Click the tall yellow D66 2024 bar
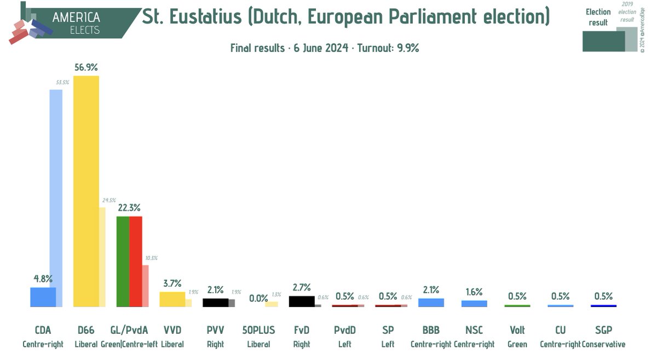pyautogui.click(x=86, y=191)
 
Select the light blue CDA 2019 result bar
pyautogui.click(x=56, y=186)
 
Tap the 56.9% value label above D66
pyautogui.click(x=86, y=67)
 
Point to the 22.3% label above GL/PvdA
pyautogui.click(x=129, y=208)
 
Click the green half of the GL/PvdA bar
pyautogui.click(x=123, y=261)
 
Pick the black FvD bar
pyautogui.click(x=301, y=301)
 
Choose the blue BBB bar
pyautogui.click(x=431, y=303)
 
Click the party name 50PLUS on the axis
pyautogui.click(x=258, y=330)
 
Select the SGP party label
pyautogui.click(x=603, y=330)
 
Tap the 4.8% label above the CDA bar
pyautogui.click(x=43, y=279)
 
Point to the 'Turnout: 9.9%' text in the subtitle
pyautogui.click(x=388, y=48)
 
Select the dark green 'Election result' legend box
pyautogui.click(x=603, y=41)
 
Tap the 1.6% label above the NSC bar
pyautogui.click(x=474, y=292)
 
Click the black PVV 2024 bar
pyautogui.click(x=215, y=303)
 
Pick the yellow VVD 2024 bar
pyautogui.click(x=172, y=299)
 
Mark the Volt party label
pyautogui.click(x=517, y=330)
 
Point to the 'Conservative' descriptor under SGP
pyautogui.click(x=603, y=344)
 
